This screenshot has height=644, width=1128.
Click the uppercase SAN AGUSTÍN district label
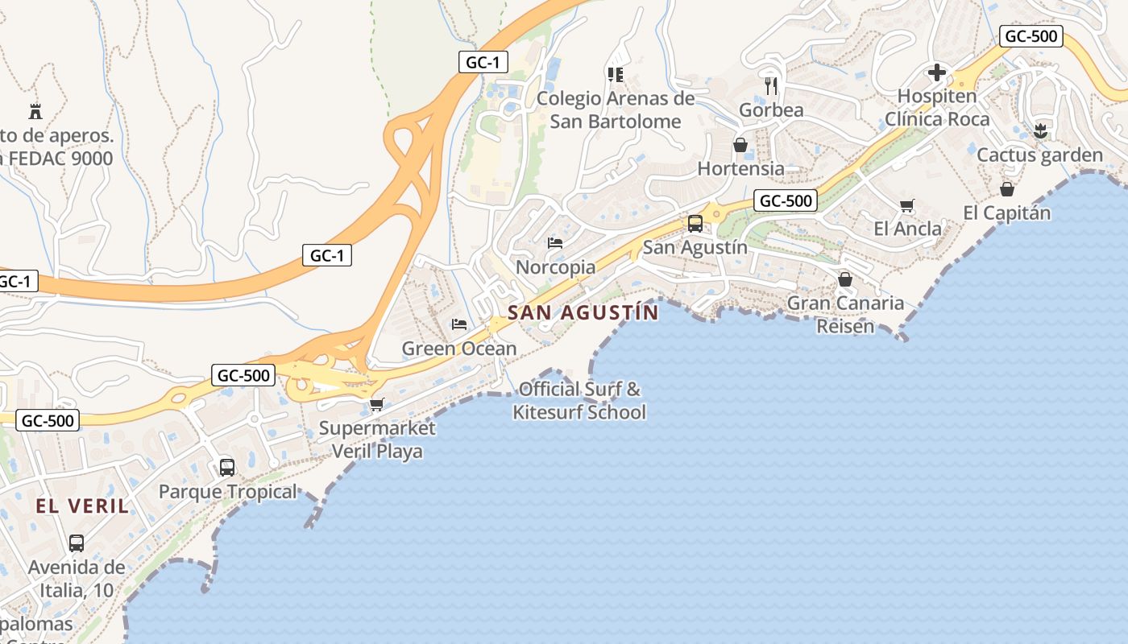tap(583, 312)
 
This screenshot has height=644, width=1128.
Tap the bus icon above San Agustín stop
tap(695, 224)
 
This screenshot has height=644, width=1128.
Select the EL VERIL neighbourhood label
tap(82, 506)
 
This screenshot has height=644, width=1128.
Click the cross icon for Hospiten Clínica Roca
tap(936, 73)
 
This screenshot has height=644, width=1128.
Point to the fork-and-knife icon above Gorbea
tap(772, 85)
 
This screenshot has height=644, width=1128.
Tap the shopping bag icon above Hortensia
tap(740, 145)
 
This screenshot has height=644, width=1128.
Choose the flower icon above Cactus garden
tap(1039, 130)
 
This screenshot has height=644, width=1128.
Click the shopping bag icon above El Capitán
tap(1006, 189)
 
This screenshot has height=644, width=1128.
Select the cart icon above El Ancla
tap(907, 206)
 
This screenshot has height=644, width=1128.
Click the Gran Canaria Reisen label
tap(845, 315)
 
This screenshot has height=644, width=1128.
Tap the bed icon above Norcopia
tap(554, 242)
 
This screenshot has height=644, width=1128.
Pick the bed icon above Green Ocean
tap(459, 324)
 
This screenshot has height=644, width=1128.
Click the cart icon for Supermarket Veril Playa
tap(376, 404)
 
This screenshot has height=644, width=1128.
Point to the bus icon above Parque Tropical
tap(227, 467)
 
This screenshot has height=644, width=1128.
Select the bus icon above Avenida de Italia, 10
tap(77, 543)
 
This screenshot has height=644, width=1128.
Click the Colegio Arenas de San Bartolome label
tap(616, 110)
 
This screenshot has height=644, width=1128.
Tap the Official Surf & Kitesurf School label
tap(580, 401)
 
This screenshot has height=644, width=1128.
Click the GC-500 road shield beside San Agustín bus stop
tap(786, 200)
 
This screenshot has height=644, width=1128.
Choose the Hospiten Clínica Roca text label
tap(937, 108)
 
